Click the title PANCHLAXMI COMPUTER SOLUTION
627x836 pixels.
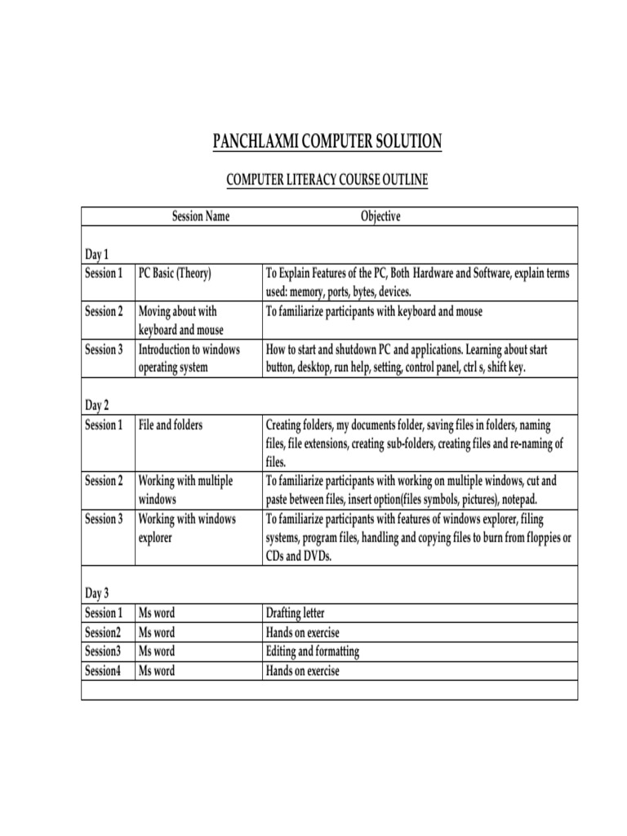pyautogui.click(x=327, y=142)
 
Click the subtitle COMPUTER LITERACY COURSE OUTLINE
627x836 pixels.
pyautogui.click(x=327, y=180)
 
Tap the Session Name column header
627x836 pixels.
pyautogui.click(x=200, y=216)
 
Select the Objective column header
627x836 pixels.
pyautogui.click(x=380, y=216)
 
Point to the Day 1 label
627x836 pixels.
pyautogui.click(x=96, y=254)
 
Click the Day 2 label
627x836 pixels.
pyautogui.click(x=96, y=405)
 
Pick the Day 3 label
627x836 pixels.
pyautogui.click(x=96, y=593)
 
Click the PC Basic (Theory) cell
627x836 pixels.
pyautogui.click(x=175, y=273)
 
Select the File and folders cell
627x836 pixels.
pyautogui.click(x=171, y=425)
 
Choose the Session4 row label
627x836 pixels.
pyautogui.click(x=104, y=671)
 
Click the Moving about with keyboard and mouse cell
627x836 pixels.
pyautogui.click(x=180, y=320)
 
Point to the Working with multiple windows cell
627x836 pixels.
pyautogui.click(x=185, y=489)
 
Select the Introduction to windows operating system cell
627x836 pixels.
pyautogui.click(x=189, y=358)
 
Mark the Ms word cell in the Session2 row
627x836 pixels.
pyautogui.click(x=156, y=632)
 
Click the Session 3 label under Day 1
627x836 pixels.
pyautogui.click(x=104, y=349)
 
